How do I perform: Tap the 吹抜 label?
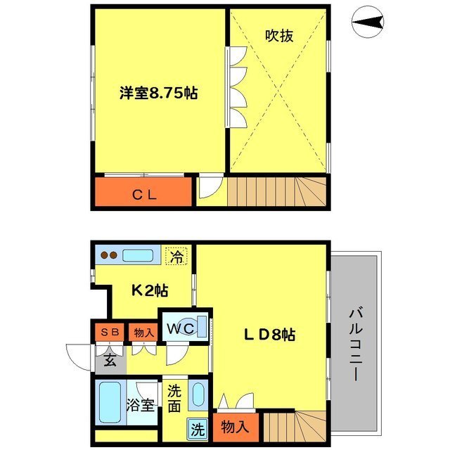pos(278,35)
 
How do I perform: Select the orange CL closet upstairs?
pos(143,194)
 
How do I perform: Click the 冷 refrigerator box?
pos(176,257)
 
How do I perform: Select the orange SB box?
pos(110,332)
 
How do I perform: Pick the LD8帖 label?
pos(269,335)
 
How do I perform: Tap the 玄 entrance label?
pos(110,362)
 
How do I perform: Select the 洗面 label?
pos(175,399)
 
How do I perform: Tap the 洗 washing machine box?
pos(198,428)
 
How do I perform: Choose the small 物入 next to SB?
pos(143,332)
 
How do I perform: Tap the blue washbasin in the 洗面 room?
pos(198,396)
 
